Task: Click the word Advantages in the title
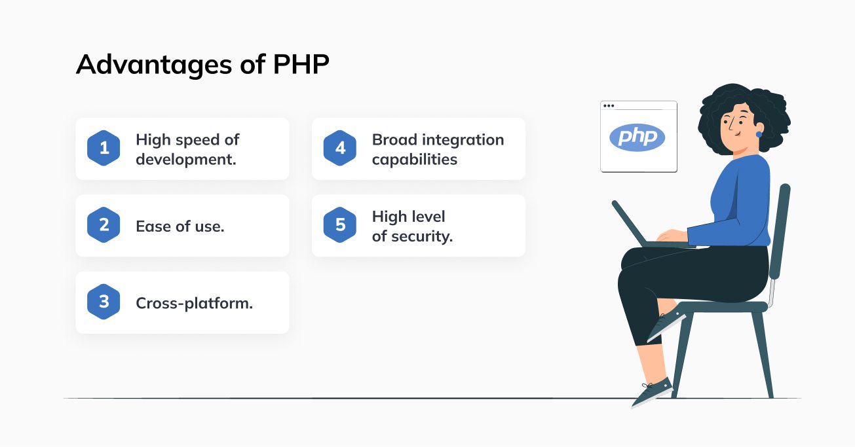(154, 65)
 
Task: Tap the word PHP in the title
(301, 63)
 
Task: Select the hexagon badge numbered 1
(104, 148)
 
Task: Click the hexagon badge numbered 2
(104, 224)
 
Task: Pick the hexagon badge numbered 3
(104, 302)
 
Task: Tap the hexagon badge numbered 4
(340, 148)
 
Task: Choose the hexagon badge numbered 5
(340, 224)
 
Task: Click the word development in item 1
(186, 160)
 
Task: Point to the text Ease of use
(180, 226)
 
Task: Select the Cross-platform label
(195, 304)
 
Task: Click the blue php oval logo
(637, 137)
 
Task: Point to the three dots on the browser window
(609, 105)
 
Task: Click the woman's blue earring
(759, 134)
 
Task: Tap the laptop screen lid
(629, 224)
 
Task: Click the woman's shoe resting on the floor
(652, 393)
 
